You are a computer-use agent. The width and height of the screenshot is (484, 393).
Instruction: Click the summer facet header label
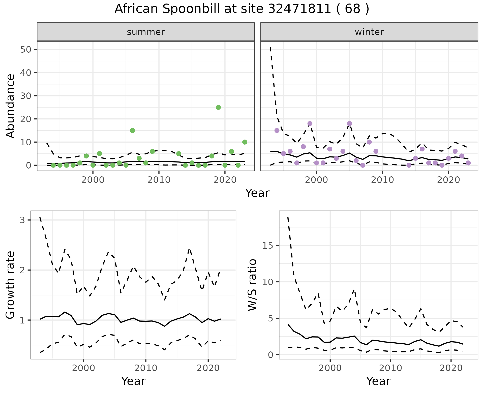point(146,32)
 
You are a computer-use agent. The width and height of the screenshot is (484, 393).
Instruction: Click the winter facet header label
point(369,32)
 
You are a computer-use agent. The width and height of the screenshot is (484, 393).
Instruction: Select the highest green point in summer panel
point(218,107)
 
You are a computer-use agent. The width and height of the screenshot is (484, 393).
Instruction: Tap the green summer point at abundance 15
point(132,130)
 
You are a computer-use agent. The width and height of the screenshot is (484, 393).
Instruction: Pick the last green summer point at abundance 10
point(245,142)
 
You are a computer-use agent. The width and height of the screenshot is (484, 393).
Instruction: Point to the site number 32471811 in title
point(299,9)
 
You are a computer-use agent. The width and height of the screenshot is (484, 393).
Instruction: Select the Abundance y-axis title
point(11,106)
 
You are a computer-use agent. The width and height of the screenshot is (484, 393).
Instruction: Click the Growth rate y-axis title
point(11,285)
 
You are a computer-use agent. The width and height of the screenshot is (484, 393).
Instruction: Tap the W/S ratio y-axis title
point(252,285)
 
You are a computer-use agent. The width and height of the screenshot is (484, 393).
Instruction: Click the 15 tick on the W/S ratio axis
point(268,246)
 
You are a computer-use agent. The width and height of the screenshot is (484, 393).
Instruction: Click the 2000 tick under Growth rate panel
point(83,368)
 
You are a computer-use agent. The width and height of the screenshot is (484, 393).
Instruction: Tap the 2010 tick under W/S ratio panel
point(390,368)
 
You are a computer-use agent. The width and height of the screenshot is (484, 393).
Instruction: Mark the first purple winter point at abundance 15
point(277,130)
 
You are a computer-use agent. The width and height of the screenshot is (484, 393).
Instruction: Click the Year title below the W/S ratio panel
point(378,381)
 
